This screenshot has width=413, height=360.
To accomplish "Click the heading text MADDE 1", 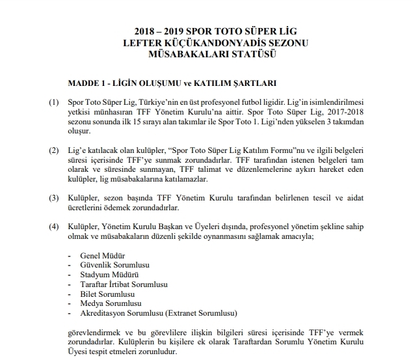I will (x=89, y=84).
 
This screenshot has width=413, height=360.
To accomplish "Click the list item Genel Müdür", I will (x=102, y=256).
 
